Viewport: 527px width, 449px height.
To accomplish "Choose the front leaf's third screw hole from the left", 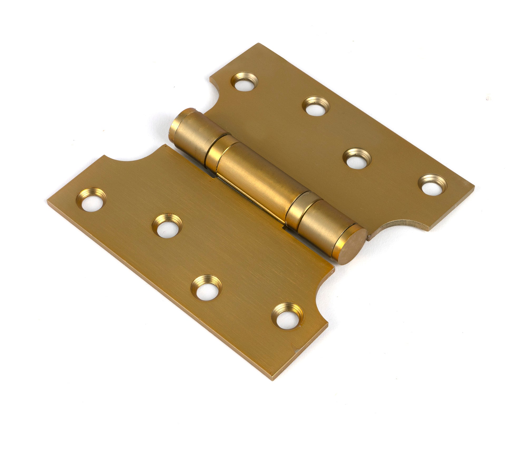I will pyautogui.click(x=206, y=288).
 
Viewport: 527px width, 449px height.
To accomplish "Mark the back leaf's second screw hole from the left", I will pyautogui.click(x=316, y=106).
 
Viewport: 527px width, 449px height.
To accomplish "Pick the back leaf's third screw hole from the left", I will pyautogui.click(x=357, y=159).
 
